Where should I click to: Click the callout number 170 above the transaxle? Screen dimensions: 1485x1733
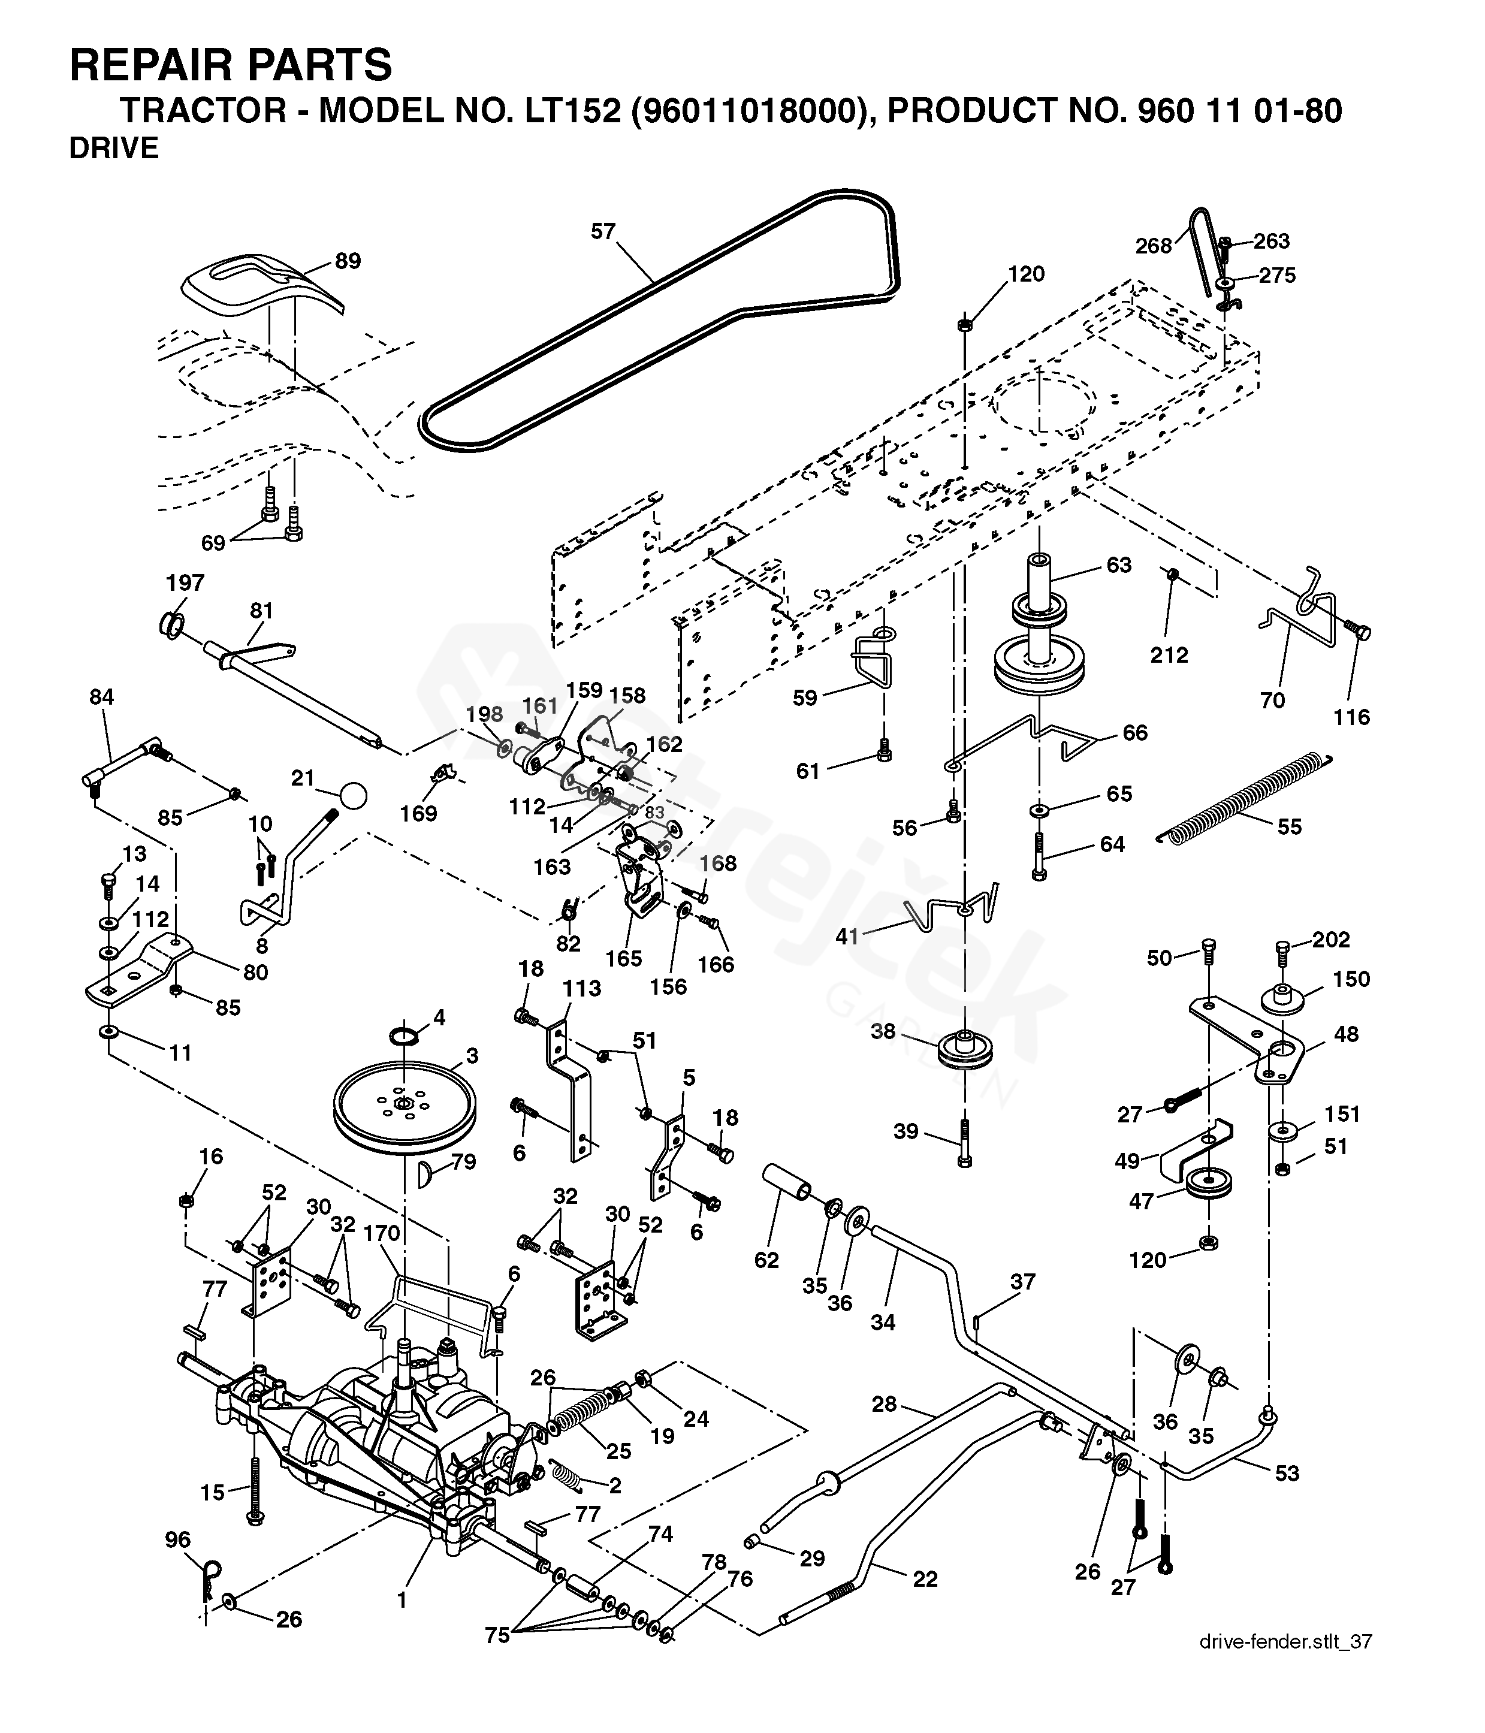381,1234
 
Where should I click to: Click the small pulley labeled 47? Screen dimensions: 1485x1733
1209,1182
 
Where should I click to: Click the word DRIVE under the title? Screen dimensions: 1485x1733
114,148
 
